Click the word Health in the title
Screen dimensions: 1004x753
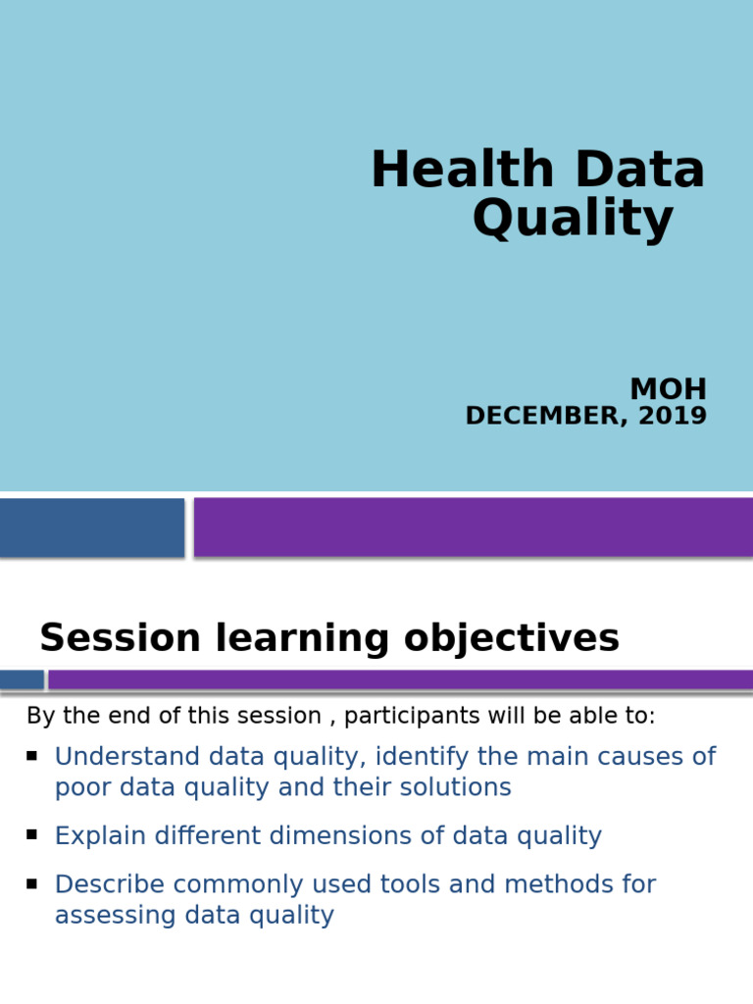(x=464, y=171)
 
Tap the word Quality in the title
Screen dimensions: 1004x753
(x=573, y=219)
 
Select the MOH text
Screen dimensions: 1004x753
(x=668, y=389)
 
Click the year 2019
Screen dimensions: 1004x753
(x=673, y=416)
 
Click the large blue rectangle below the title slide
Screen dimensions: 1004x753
(x=91, y=527)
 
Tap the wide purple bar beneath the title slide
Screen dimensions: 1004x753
(x=473, y=527)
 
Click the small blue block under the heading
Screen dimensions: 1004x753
(x=22, y=679)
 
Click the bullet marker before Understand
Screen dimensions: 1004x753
(x=32, y=756)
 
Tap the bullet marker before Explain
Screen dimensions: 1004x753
(x=32, y=834)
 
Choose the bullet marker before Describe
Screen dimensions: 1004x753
(x=32, y=883)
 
